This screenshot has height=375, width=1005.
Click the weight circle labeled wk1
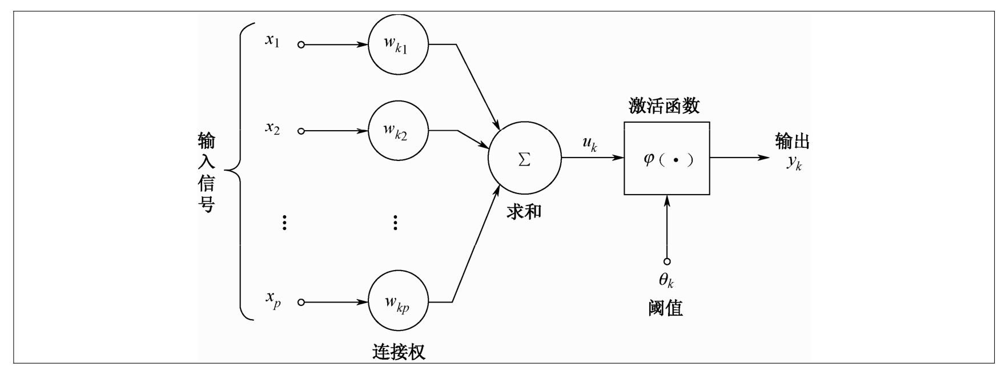(x=398, y=45)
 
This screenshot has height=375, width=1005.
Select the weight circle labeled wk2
(x=398, y=131)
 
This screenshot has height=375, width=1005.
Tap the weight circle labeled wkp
(x=398, y=302)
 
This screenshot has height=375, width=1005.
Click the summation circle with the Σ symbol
(x=524, y=159)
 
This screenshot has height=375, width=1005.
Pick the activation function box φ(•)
(x=667, y=159)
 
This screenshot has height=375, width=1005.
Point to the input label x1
(x=272, y=41)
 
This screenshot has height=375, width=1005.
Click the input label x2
(x=272, y=128)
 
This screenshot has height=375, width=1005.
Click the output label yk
(x=794, y=163)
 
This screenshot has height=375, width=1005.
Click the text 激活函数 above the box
(x=664, y=106)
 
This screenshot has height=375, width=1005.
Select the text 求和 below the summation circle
(x=524, y=212)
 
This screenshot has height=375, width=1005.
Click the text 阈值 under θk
(x=666, y=309)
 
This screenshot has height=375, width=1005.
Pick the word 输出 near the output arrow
(x=792, y=142)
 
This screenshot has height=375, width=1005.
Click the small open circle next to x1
(x=301, y=45)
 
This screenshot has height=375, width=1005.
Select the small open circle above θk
(x=666, y=261)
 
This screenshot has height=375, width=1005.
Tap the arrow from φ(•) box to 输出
(x=739, y=157)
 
